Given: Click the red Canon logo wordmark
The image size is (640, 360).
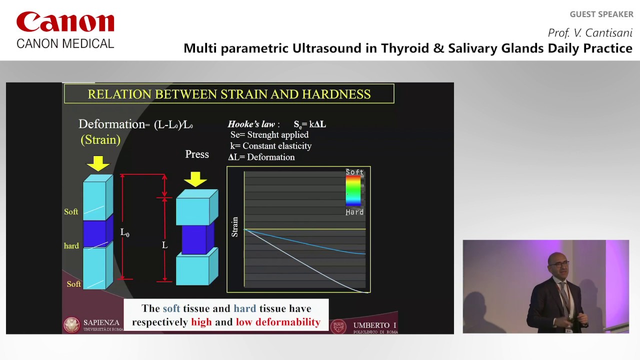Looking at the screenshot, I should point(65,23).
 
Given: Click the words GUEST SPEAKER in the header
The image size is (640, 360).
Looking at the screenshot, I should point(601,14).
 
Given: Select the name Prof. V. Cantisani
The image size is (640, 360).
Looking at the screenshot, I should point(590,33).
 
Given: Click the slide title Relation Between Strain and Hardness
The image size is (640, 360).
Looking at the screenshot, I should point(229,94).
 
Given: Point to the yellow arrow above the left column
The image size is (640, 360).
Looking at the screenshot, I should point(98,163).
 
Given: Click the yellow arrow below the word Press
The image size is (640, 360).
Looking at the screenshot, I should point(195,178).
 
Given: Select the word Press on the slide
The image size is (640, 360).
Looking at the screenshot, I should point(197,154).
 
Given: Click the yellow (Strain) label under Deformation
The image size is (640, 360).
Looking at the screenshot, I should point(100,140).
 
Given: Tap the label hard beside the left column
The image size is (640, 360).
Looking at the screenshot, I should point(71,246).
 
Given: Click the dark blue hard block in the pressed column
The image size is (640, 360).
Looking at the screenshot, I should point(195,239).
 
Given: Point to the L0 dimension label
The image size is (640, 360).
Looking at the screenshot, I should point(124,232).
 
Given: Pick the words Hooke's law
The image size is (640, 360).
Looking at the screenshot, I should point(251,124).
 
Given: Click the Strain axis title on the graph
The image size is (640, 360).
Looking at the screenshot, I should point(234,226).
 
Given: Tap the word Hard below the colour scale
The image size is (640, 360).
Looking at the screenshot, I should point(354,212).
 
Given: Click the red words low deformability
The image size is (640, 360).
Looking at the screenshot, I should point(278,322).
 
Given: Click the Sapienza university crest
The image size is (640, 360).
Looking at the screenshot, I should point(72,325).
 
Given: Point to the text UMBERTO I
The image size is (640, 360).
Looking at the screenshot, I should point(374,325).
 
